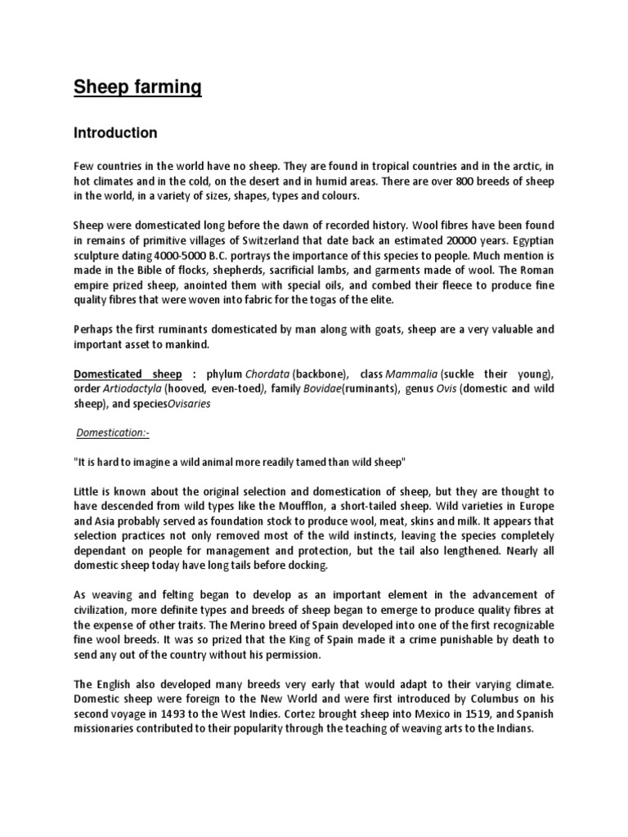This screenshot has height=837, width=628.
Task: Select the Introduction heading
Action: pos(115,132)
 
